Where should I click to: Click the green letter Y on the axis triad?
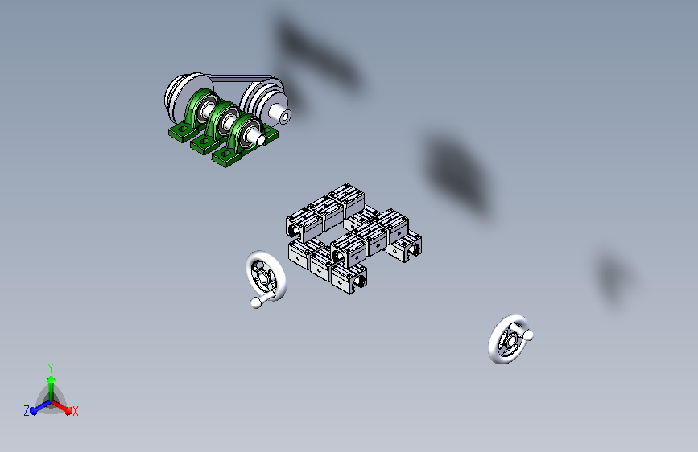pos(50,366)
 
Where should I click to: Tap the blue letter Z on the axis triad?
pos(27,411)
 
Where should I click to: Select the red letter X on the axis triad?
pos(76,411)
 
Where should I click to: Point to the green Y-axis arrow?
pos(50,381)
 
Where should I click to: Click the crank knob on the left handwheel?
pos(257,302)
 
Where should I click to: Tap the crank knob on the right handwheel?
pos(529,335)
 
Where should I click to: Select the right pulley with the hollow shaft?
pos(262,101)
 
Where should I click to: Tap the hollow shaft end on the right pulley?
pos(285,116)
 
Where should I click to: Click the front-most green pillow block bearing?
pos(240,142)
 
